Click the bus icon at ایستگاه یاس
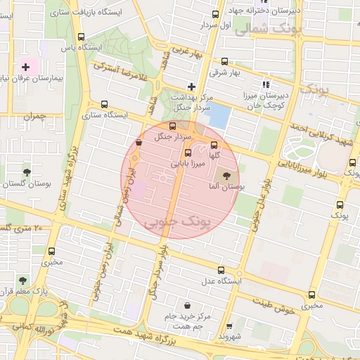[82, 37]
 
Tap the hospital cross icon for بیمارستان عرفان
[26, 66]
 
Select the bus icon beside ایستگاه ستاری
[104, 104]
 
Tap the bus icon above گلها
[214, 145]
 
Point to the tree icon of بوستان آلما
[226, 176]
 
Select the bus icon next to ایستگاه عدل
[221, 271]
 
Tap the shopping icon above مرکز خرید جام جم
[187, 305]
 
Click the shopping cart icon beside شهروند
[229, 326]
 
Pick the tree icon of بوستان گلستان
[27, 172]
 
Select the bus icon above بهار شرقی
[224, 62]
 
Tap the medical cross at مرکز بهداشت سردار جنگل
[190, 86]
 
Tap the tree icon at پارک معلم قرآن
[24, 281]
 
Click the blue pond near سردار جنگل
[219, 115]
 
